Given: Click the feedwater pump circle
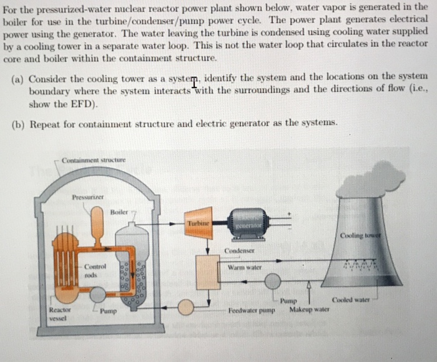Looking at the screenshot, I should pyautogui.click(x=186, y=306).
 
